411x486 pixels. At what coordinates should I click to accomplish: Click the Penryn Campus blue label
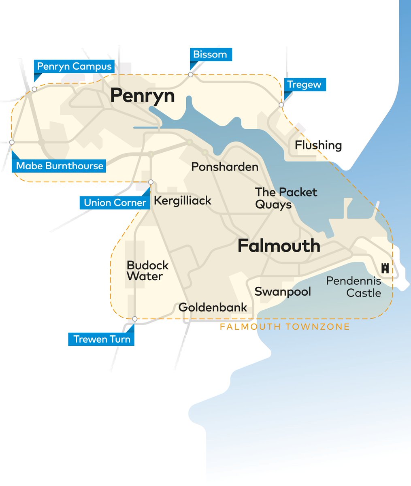point(74,66)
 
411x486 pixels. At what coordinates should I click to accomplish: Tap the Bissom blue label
point(210,54)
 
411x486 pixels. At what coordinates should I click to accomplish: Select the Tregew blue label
point(304,85)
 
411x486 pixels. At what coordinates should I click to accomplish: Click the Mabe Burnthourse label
point(60,166)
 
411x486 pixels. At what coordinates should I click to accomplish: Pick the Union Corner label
point(115,202)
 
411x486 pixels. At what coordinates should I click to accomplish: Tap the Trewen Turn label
point(102,339)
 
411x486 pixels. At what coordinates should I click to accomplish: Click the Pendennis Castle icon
point(385,268)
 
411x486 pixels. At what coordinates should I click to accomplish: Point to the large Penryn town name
point(143,96)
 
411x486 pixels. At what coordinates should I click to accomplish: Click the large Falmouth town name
point(279,246)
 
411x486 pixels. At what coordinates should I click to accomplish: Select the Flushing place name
point(318,145)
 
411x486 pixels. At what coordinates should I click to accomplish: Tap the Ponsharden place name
point(225,166)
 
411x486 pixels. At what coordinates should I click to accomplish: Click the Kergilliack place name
point(183,200)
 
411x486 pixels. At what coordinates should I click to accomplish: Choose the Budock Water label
point(147,271)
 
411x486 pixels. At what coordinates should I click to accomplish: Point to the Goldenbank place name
point(213,307)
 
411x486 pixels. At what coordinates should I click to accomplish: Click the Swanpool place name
point(283,292)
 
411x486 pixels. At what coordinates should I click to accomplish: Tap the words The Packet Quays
point(286,198)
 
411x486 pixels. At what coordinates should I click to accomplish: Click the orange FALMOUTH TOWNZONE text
point(285,327)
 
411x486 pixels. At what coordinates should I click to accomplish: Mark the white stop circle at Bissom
point(190,75)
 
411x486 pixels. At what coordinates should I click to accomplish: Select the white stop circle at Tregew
point(281,105)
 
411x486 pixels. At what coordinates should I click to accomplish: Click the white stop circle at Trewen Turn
point(135,319)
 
